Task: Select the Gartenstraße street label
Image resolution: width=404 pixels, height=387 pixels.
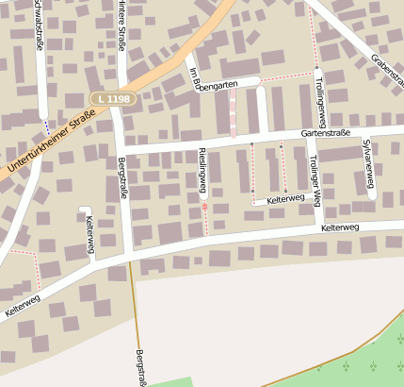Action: (x=325, y=134)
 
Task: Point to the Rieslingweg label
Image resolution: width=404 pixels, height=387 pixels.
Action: (x=202, y=171)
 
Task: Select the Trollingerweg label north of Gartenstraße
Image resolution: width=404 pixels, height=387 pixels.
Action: (x=320, y=103)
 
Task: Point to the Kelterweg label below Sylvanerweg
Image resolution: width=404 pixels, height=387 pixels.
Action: (x=340, y=227)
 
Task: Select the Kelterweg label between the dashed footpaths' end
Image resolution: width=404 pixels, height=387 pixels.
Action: (x=287, y=200)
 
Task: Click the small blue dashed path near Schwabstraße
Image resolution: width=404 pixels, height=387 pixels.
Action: (x=46, y=126)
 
